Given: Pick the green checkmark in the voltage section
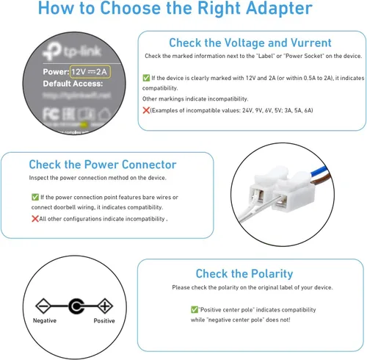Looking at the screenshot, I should [146, 77].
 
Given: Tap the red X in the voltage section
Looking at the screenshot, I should [145, 109].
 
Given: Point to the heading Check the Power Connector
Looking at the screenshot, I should [102, 165].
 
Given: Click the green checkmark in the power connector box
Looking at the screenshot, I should [34, 197].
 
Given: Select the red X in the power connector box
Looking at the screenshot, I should [34, 218].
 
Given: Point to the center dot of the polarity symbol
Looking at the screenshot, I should [75, 304].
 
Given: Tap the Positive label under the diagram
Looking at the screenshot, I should [104, 321].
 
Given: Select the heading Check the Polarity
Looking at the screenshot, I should [244, 273].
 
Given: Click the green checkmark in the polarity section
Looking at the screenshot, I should [194, 310].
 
